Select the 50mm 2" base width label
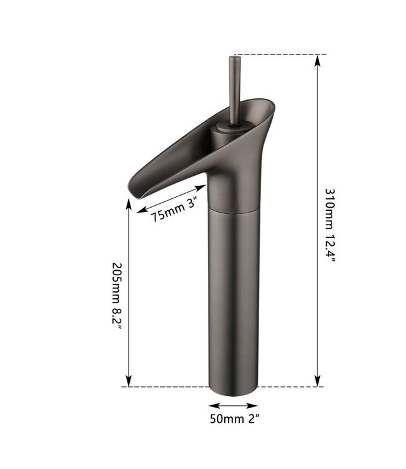click(x=233, y=418)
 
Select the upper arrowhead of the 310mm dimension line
click(x=318, y=59)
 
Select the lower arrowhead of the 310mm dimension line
click(x=318, y=381)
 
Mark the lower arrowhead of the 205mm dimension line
click(x=129, y=381)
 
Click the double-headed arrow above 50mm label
click(x=232, y=404)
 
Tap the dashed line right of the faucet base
click(x=290, y=386)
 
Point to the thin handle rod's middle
click(x=234, y=91)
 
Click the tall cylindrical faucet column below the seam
click(x=232, y=294)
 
